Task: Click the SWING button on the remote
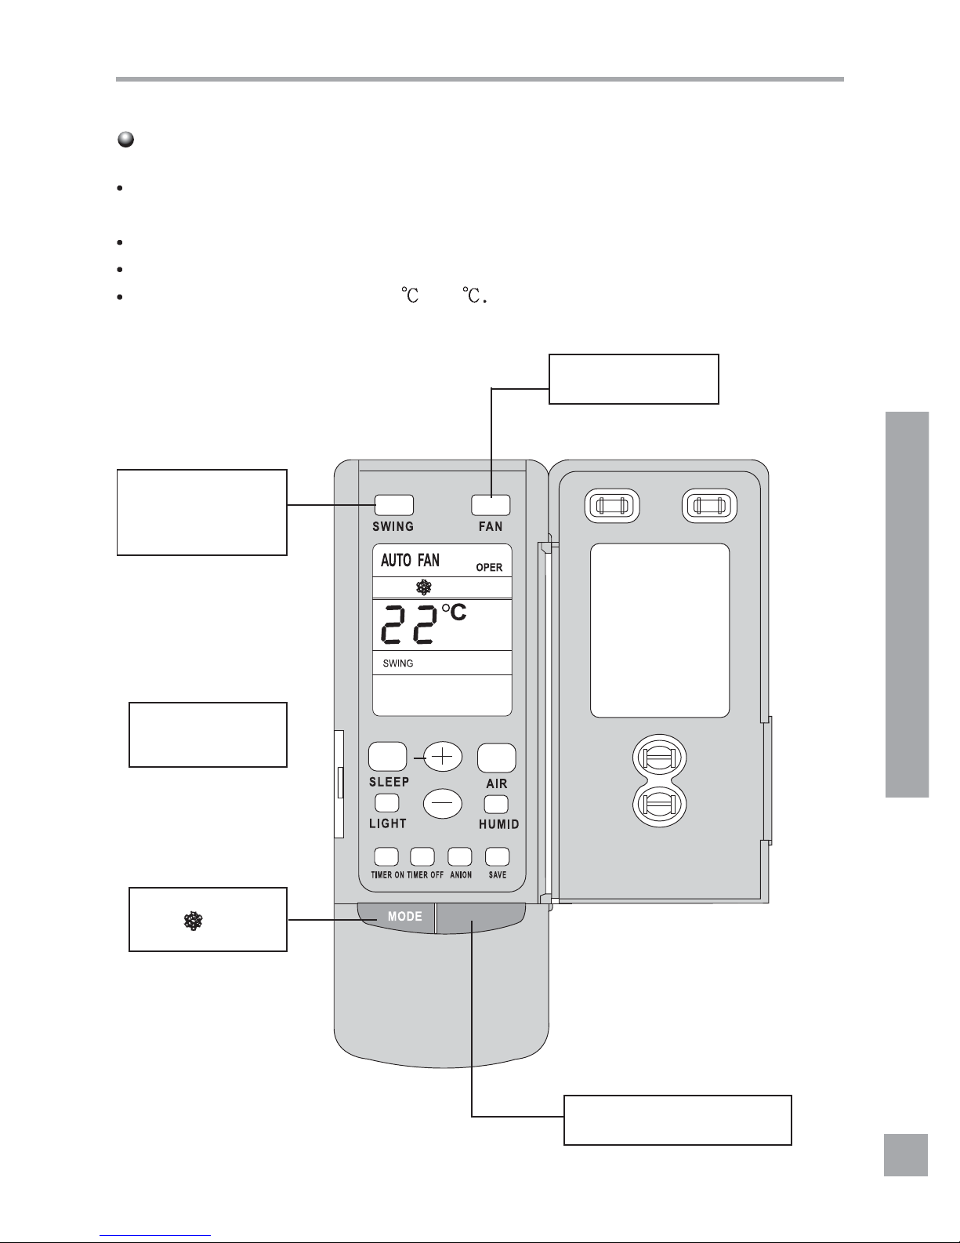[393, 505]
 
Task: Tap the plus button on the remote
[444, 757]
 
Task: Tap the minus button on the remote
[443, 804]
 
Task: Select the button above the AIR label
[497, 758]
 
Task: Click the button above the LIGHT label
[387, 803]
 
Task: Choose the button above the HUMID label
[496, 804]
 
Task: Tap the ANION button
[460, 856]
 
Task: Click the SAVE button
[497, 856]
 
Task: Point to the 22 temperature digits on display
[408, 624]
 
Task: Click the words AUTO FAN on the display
[410, 560]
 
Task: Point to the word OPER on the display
[489, 567]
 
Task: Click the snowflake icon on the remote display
[423, 588]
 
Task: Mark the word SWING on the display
[398, 663]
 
